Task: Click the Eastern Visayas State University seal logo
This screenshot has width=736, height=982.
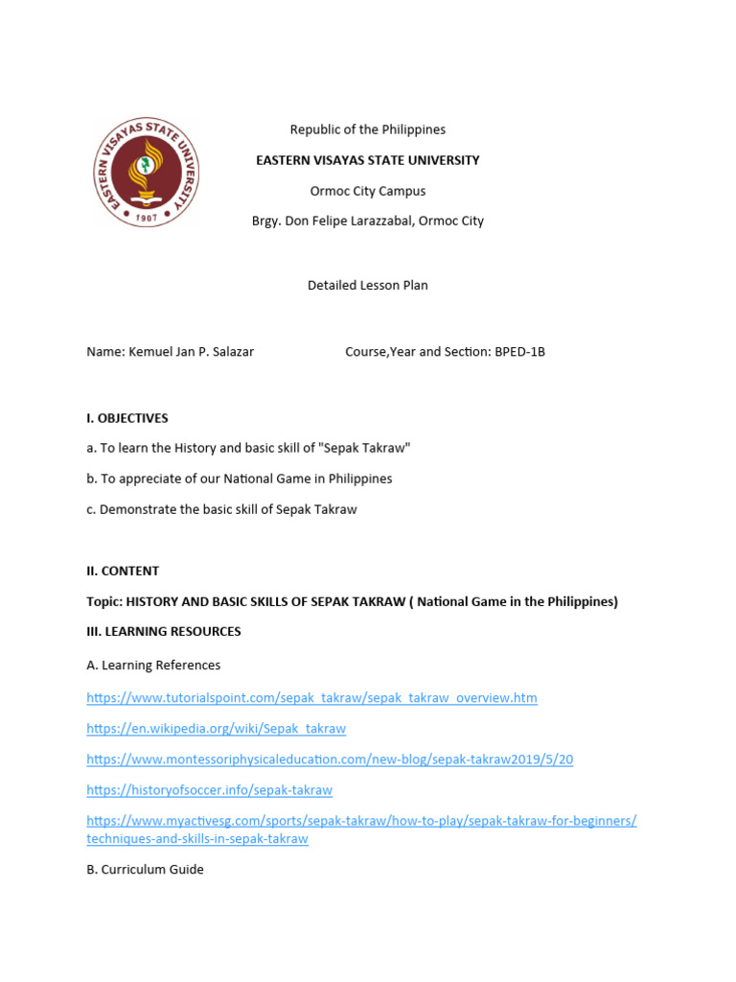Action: (x=147, y=173)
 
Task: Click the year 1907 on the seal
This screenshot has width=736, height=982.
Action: (x=147, y=218)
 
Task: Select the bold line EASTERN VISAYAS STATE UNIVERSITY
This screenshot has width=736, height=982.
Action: (x=367, y=160)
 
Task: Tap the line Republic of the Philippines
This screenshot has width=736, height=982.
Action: (x=367, y=129)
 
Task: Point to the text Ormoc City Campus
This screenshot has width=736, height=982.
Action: (x=367, y=191)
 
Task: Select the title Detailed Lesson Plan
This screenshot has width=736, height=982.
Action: (x=367, y=285)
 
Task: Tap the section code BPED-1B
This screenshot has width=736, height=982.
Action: (x=519, y=352)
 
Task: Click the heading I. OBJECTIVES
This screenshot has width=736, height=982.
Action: (x=126, y=418)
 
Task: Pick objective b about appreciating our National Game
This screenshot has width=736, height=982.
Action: (x=239, y=479)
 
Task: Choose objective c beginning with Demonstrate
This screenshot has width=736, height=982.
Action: (x=220, y=509)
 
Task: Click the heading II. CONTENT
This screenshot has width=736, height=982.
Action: (x=123, y=571)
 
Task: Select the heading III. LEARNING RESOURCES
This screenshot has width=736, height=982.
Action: (x=164, y=632)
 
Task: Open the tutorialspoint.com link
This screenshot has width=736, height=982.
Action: (x=311, y=698)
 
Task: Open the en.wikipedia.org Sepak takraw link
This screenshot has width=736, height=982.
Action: (x=216, y=729)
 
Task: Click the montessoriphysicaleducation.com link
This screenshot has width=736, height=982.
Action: (x=330, y=760)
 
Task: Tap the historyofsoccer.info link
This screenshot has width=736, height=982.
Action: (x=209, y=790)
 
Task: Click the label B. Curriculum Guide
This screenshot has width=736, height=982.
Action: (x=145, y=870)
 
